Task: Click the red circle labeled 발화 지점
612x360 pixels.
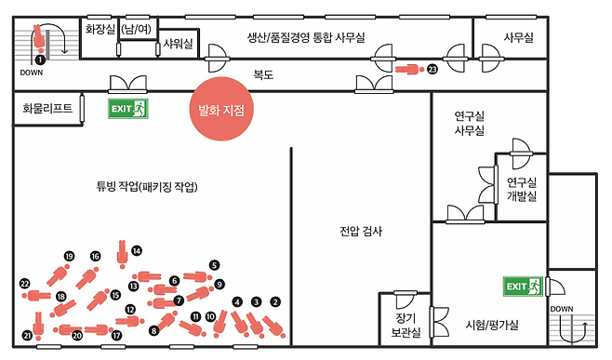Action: [220, 110]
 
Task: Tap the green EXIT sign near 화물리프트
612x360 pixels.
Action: [127, 109]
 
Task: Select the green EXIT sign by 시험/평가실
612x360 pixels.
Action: [522, 286]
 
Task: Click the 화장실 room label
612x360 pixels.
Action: [100, 30]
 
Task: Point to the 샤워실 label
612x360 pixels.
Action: [178, 44]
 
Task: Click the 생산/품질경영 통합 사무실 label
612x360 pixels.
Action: [305, 37]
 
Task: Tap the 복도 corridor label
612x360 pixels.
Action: [263, 73]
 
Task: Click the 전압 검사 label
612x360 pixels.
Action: [357, 233]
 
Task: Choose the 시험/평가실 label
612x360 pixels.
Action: [491, 325]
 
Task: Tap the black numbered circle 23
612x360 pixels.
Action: [432, 69]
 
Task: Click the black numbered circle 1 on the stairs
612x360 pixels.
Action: [39, 60]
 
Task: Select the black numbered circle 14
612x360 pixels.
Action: [137, 250]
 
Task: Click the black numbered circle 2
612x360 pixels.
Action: [274, 301]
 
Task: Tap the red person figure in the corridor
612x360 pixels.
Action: [406, 69]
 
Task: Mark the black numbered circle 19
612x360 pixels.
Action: [69, 256]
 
